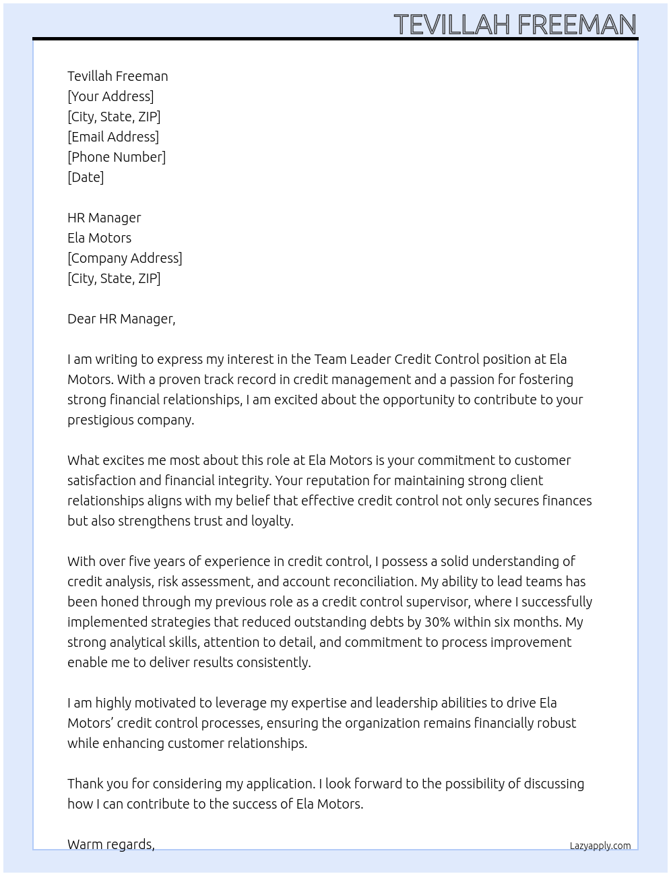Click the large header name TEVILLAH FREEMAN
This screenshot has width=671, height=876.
[x=515, y=24]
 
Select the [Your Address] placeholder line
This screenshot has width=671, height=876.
[x=110, y=96]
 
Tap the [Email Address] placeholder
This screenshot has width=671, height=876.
[x=113, y=137]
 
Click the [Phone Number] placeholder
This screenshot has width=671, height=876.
[x=117, y=157]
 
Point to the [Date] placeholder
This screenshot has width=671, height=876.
[x=86, y=177]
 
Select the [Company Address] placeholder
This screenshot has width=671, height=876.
[x=125, y=258]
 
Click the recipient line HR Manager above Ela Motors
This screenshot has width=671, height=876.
[x=104, y=218]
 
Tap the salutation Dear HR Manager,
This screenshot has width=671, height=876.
[x=121, y=319]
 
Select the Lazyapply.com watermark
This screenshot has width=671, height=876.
[x=600, y=846]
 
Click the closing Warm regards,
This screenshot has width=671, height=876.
[x=111, y=844]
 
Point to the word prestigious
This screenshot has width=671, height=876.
[x=99, y=420]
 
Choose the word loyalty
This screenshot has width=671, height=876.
[x=272, y=521]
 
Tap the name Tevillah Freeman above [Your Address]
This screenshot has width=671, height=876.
[x=118, y=76]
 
